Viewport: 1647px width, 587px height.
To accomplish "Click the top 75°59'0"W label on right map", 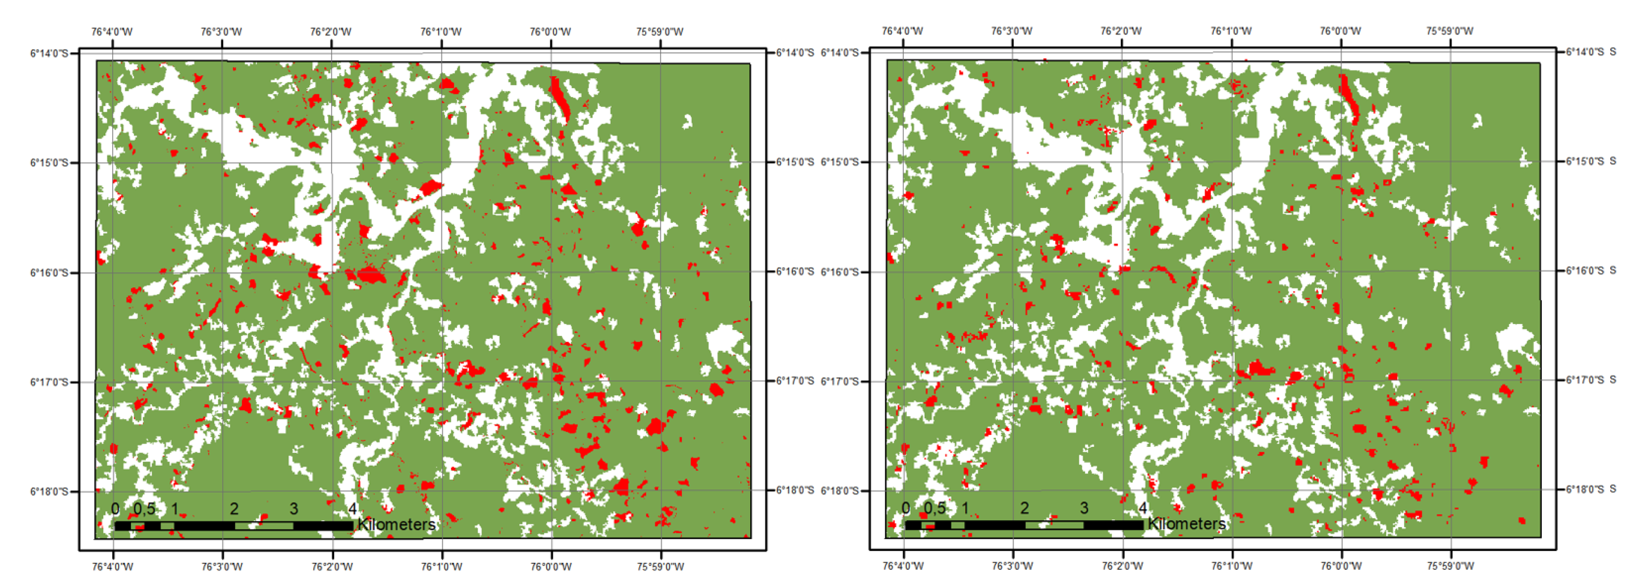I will click(x=1450, y=31).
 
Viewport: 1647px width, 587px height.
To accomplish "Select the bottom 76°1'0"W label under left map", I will click(x=441, y=567).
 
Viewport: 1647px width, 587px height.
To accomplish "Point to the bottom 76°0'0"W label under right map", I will click(x=1341, y=566).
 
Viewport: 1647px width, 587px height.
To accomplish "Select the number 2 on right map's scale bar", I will click(x=1024, y=508).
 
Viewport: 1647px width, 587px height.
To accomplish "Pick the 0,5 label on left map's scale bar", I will click(x=145, y=509).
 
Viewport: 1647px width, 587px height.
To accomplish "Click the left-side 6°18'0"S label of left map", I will click(x=49, y=492).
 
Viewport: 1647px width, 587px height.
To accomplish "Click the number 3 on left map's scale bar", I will click(x=294, y=509).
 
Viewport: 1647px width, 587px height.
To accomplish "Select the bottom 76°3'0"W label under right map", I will click(x=1012, y=566).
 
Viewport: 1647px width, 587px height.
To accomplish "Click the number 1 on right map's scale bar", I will click(x=965, y=508).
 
